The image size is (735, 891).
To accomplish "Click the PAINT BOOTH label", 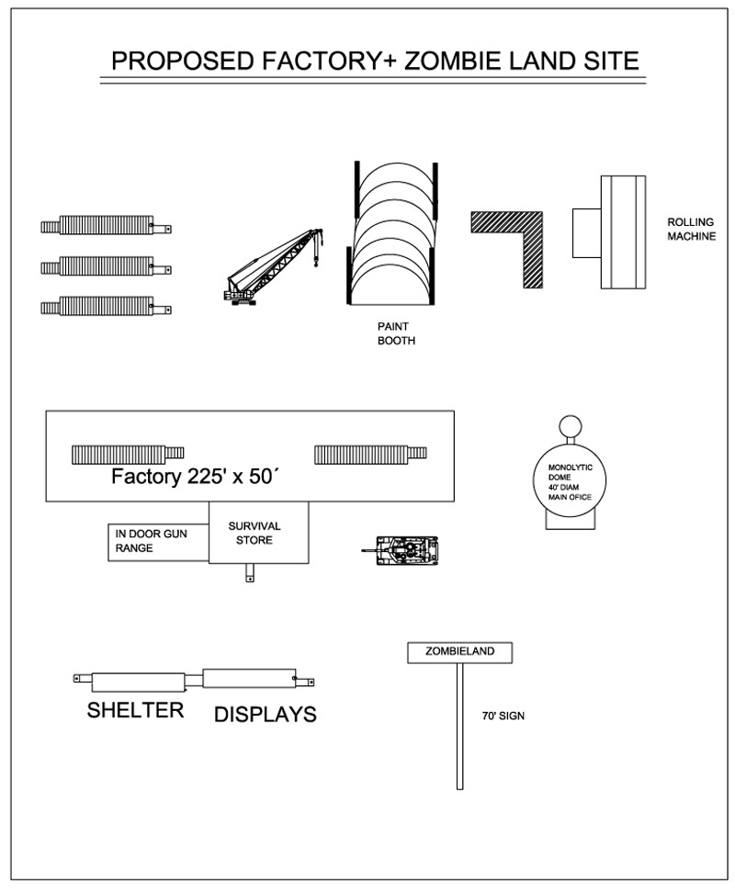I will (x=395, y=333).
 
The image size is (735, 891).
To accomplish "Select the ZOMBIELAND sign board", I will (x=459, y=652).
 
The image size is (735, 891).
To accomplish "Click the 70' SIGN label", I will (x=503, y=716).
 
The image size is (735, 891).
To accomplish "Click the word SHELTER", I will (x=135, y=709).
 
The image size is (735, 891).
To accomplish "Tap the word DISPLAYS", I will (x=265, y=714).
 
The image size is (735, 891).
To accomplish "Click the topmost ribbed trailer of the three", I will (x=106, y=225).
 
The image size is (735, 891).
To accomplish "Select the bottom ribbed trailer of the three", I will (x=106, y=306).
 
